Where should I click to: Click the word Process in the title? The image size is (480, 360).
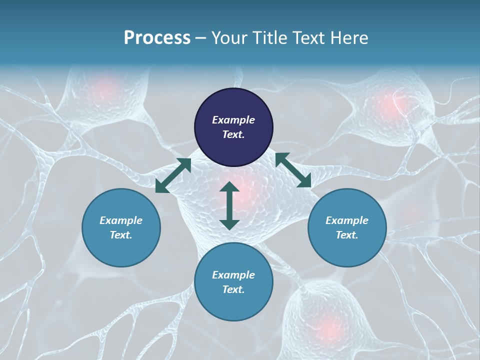pyautogui.click(x=157, y=38)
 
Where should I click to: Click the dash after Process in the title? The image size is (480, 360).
pyautogui.click(x=200, y=38)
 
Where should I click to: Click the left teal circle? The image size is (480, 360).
pyautogui.click(x=121, y=227)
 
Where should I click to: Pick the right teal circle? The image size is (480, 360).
pyautogui.click(x=347, y=227)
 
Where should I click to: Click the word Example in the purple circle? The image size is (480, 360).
pyautogui.click(x=233, y=120)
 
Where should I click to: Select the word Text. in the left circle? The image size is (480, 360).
pyautogui.click(x=121, y=235)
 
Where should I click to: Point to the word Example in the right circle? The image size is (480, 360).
pyautogui.click(x=347, y=220)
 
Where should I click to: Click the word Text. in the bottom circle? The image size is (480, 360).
pyautogui.click(x=233, y=289)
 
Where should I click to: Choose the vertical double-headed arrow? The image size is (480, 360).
pyautogui.click(x=229, y=205)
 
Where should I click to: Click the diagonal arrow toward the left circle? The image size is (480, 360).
pyautogui.click(x=173, y=175)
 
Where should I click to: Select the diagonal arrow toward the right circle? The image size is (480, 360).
pyautogui.click(x=293, y=170)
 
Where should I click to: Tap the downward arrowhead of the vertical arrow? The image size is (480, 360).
pyautogui.click(x=229, y=224)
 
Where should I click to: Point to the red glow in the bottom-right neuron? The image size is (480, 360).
pyautogui.click(x=328, y=327)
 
